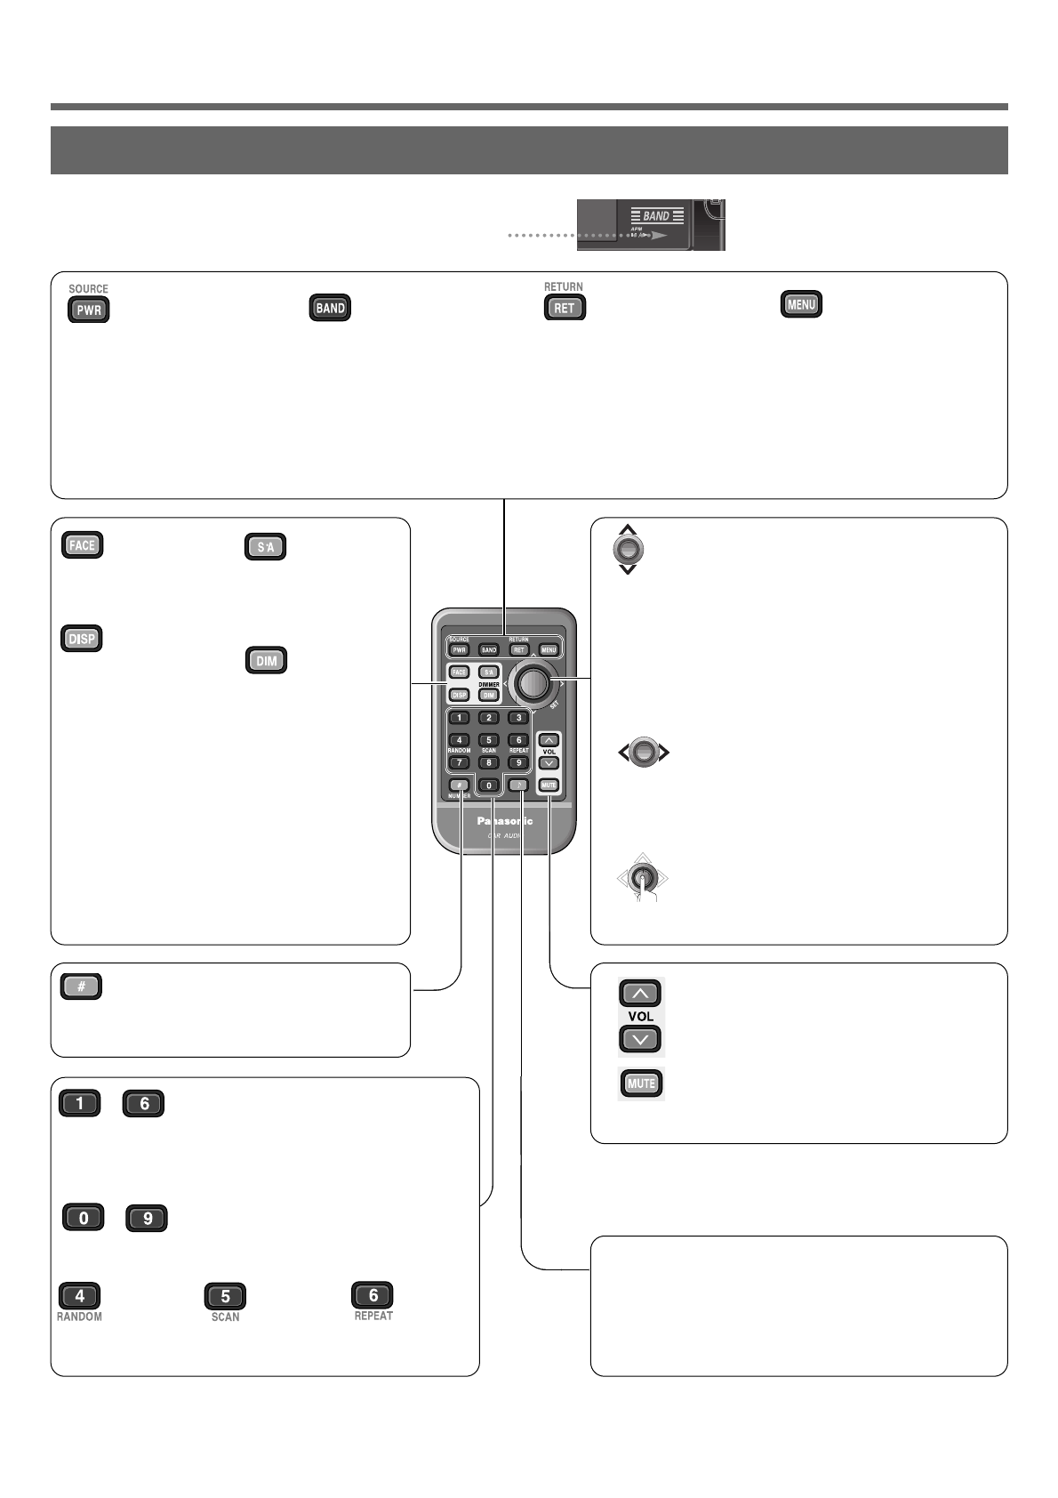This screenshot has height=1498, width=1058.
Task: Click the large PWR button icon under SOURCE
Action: pos(89,310)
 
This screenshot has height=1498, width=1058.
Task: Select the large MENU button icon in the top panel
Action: pos(801,304)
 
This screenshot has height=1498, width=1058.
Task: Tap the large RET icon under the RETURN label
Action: pos(565,308)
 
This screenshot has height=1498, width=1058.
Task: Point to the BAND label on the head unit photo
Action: pos(656,216)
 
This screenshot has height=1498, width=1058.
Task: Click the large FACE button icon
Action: pos(82,545)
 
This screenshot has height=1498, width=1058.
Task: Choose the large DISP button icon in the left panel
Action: pos(82,639)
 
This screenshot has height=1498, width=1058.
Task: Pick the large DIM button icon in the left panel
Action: pos(266,661)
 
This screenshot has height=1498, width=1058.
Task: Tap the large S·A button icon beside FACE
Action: pos(265,547)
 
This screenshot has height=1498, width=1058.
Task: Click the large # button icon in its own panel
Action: pos(81,987)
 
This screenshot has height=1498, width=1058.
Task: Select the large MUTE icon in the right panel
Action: pos(641,1083)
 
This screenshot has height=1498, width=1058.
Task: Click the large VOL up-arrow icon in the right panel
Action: pos(641,993)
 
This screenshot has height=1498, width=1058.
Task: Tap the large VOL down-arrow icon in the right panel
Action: pos(641,1038)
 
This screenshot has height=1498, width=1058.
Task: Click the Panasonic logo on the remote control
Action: pos(504,821)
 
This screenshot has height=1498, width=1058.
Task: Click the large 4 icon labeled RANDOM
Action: pos(79,1295)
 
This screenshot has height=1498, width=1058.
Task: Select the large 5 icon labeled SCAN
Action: pos(225,1296)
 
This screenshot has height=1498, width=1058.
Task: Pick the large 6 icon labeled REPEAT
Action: pos(373,1295)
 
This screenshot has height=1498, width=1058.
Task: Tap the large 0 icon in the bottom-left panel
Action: pos(84,1218)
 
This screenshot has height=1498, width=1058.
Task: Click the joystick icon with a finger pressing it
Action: pos(642,879)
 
